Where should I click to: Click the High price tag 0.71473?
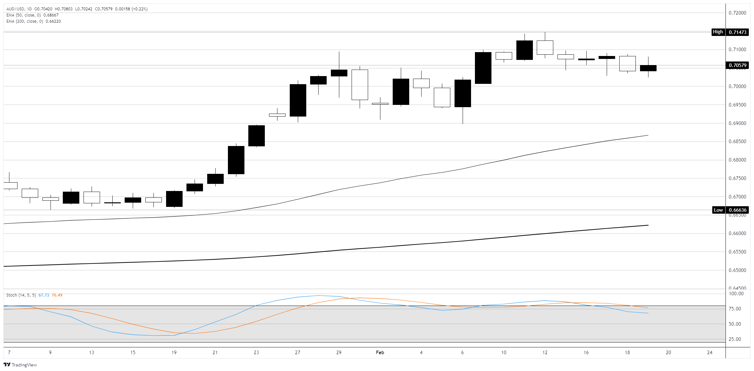(x=737, y=32)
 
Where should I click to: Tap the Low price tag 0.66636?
(x=737, y=210)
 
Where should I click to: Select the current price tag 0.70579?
(x=737, y=65)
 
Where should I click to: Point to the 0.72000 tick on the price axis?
(x=737, y=13)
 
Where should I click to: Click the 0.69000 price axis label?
(x=737, y=123)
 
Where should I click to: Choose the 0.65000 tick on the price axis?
(x=737, y=270)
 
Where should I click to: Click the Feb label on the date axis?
(x=380, y=352)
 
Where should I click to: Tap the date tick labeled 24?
(x=710, y=352)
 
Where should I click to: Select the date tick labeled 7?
(x=9, y=352)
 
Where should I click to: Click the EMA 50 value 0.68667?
(x=51, y=15)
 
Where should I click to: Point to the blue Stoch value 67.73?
(x=44, y=295)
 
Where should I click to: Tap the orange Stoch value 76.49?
(x=57, y=295)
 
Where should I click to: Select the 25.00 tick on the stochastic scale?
(x=735, y=339)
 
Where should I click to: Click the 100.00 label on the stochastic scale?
(x=736, y=294)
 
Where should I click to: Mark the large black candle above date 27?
(x=298, y=100)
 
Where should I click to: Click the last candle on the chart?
(x=648, y=68)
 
